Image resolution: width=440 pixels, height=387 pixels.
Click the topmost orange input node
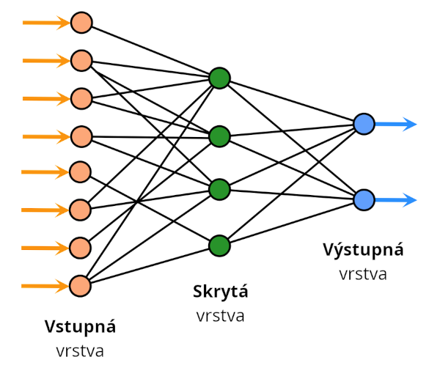click(x=81, y=23)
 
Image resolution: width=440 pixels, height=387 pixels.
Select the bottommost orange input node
click(x=81, y=285)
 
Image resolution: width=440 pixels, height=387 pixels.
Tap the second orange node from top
click(x=81, y=61)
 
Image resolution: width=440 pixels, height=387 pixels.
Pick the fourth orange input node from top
click(x=81, y=136)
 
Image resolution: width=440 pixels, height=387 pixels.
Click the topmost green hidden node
click(x=219, y=78)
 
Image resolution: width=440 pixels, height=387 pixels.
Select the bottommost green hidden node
click(x=219, y=245)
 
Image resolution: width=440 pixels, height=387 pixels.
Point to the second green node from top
click(x=219, y=136)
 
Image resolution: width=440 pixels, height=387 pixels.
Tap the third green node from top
click(x=219, y=189)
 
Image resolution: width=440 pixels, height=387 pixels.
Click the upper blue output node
click(x=364, y=124)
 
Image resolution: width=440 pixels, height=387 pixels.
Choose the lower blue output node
click(x=364, y=199)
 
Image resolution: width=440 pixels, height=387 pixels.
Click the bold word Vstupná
click(x=80, y=326)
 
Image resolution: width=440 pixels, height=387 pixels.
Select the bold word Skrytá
click(x=220, y=292)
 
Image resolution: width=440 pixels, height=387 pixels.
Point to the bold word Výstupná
click(x=363, y=249)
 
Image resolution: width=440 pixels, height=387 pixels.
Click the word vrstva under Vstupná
click(x=80, y=350)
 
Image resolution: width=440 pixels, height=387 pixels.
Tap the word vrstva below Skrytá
click(x=220, y=316)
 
